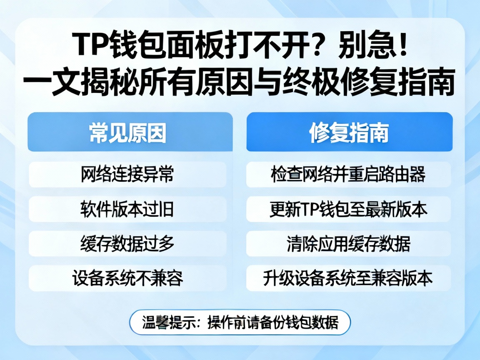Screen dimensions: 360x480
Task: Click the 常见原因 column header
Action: point(130,132)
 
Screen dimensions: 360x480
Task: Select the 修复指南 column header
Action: point(349,132)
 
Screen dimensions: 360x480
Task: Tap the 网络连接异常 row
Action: point(127,175)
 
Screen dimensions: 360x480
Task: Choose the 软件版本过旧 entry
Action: point(127,209)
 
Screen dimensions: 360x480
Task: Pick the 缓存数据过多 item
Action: point(127,244)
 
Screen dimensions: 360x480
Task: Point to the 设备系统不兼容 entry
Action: point(127,278)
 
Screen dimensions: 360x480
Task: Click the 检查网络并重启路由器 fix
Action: point(348,175)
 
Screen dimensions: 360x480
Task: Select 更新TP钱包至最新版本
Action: point(348,209)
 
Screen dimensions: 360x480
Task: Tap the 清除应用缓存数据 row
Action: point(348,244)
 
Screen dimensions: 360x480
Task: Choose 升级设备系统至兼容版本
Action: point(348,278)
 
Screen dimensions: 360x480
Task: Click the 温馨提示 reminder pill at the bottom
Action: point(240,322)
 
